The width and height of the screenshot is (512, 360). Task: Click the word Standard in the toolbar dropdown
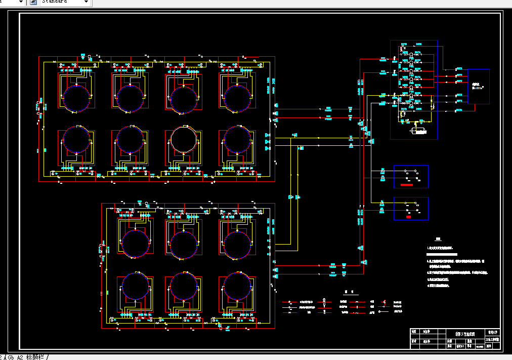(x=55, y=2)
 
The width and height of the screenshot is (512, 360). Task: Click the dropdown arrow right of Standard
(x=86, y=2)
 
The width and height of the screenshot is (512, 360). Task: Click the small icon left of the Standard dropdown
(x=33, y=2)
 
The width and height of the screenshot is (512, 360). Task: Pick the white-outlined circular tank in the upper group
(x=183, y=139)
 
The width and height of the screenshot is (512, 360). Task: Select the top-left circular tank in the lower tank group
(x=136, y=244)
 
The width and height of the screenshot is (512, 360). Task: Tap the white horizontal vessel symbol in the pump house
(x=418, y=131)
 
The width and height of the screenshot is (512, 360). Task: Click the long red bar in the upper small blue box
(x=406, y=185)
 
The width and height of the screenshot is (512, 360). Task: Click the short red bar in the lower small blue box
(x=408, y=217)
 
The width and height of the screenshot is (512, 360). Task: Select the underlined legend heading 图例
(x=347, y=292)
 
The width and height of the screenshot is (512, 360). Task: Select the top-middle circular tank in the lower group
(x=183, y=244)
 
